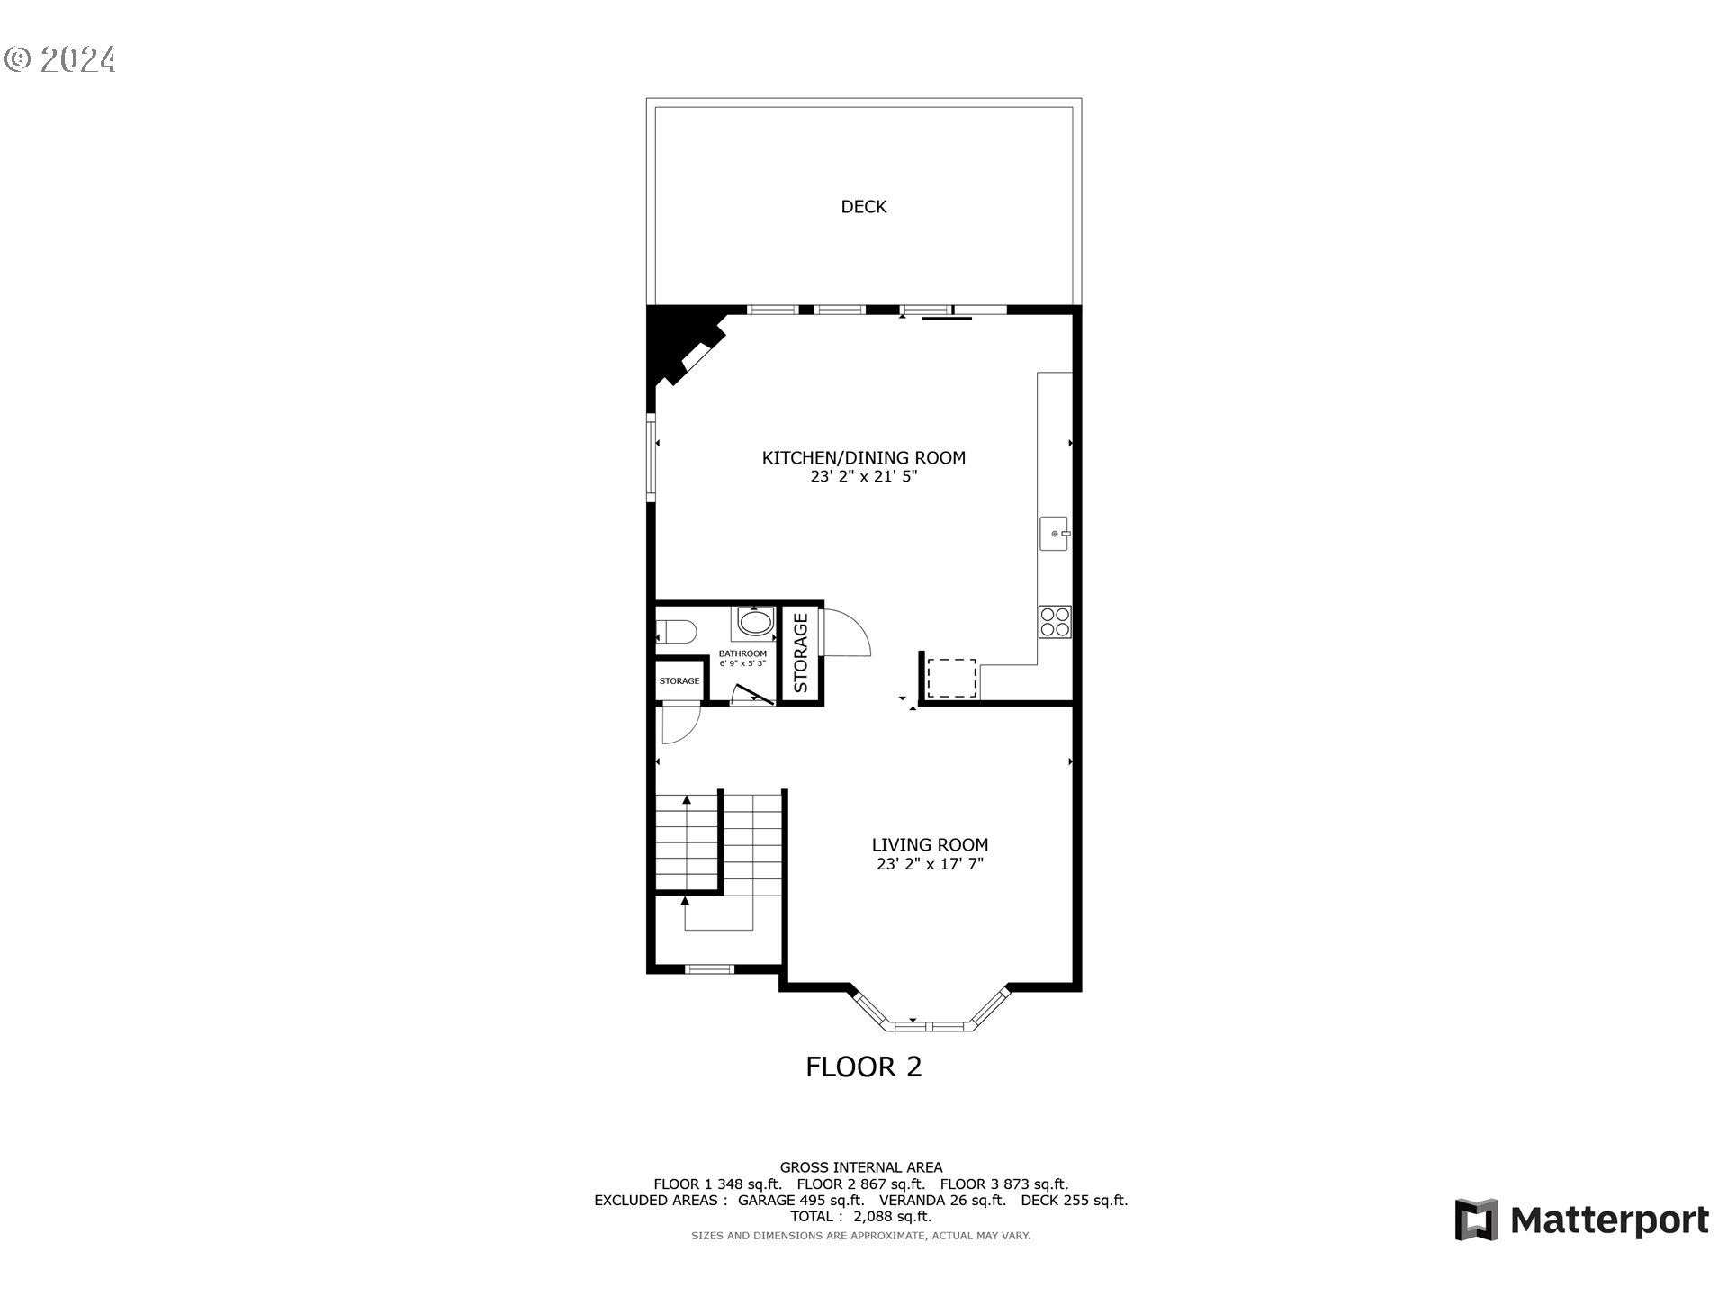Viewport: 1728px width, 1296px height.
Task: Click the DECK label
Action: [863, 207]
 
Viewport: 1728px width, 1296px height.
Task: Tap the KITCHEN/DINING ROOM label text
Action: [863, 457]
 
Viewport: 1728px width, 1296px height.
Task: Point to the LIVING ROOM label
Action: [930, 844]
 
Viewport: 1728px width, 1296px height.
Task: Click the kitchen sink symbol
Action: [1056, 534]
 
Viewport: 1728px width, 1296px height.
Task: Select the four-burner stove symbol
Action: [1055, 622]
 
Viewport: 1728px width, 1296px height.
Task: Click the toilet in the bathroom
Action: [676, 631]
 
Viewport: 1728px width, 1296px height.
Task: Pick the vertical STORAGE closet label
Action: [800, 652]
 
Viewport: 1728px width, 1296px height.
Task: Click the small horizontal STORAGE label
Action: [679, 681]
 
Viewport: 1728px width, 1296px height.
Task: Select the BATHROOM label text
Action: [742, 654]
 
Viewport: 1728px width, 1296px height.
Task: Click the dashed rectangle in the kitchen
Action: [951, 678]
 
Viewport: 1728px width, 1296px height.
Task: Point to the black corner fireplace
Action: [679, 346]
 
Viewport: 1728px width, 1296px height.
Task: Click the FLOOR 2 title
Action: [863, 1066]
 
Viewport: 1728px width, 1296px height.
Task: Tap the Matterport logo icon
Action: [1477, 1219]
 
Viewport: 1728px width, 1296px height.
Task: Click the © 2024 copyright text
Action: [60, 59]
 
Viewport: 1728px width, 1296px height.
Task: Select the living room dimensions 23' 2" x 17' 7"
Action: [930, 864]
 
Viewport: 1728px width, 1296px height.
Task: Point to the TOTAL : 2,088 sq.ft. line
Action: [861, 1216]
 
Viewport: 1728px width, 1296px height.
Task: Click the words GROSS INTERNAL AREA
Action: [861, 1167]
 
